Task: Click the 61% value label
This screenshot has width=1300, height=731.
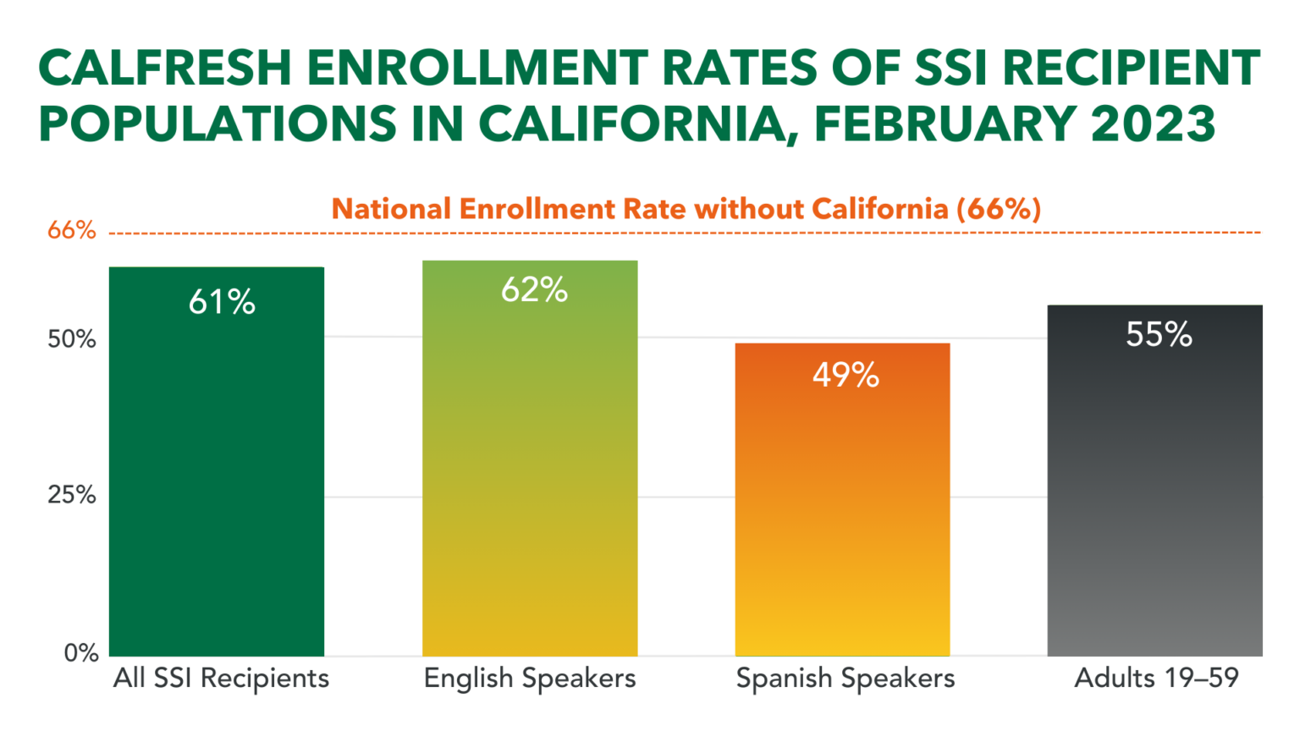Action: click(222, 302)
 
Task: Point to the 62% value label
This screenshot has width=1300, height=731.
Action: click(534, 290)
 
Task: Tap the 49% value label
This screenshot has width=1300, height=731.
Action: click(846, 374)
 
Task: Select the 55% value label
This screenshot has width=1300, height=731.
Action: click(1159, 335)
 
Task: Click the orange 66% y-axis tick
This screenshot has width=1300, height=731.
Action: click(71, 230)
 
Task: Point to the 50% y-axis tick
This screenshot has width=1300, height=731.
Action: click(71, 339)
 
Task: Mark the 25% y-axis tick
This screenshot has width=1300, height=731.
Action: click(71, 495)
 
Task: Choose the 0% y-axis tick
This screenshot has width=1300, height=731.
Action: click(81, 653)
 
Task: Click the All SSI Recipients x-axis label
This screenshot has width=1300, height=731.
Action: click(221, 679)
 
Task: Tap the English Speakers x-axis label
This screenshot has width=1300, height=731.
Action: click(530, 679)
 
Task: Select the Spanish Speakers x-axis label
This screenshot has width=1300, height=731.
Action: click(845, 679)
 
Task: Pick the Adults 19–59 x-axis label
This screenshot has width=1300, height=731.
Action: click(1156, 679)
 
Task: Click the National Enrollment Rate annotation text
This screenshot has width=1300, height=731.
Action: click(686, 209)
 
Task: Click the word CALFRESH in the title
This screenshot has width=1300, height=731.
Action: click(165, 69)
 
